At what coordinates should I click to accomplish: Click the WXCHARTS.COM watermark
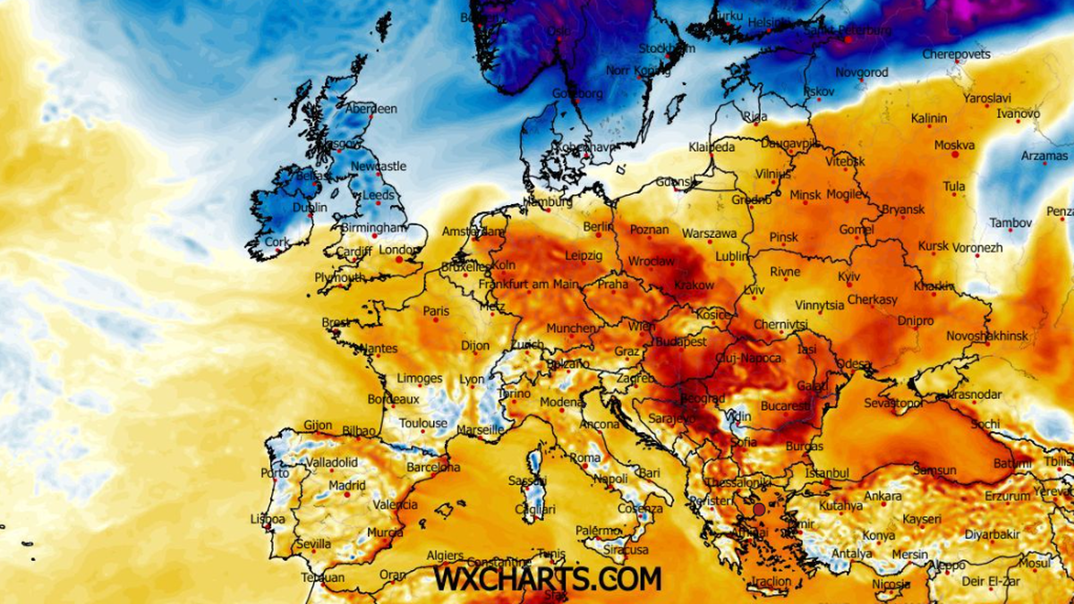[x=548, y=578]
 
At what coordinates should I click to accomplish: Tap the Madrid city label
[x=346, y=486]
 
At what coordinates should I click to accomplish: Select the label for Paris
[x=436, y=311]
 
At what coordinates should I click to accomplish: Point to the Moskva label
[x=954, y=145]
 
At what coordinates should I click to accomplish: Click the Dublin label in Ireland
[x=310, y=208]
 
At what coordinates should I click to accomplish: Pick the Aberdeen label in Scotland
[x=371, y=108]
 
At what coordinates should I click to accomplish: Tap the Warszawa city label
[x=710, y=234]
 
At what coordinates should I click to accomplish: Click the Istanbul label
[x=826, y=472]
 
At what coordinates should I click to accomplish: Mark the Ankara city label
[x=882, y=496]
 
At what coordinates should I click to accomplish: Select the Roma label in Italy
[x=585, y=458]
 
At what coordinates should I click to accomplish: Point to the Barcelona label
[x=433, y=467]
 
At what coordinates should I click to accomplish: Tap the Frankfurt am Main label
[x=528, y=285]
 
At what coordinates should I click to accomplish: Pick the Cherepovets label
[x=956, y=55]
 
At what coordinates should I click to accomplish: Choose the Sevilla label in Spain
[x=313, y=543]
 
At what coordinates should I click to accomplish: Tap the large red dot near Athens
[x=759, y=509]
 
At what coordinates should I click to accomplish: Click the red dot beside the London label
[x=400, y=259]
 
